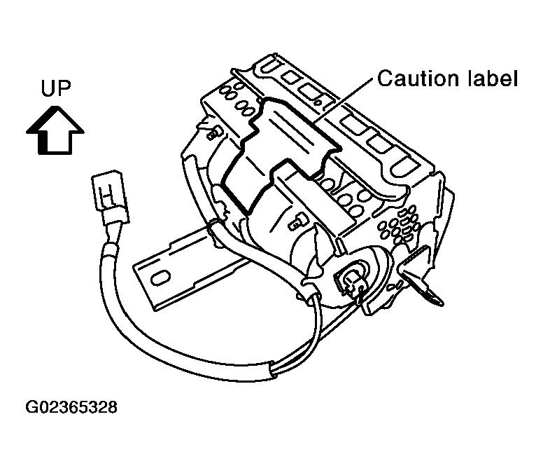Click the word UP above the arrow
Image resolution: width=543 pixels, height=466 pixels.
click(x=56, y=88)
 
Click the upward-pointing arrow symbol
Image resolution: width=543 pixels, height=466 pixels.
click(x=55, y=130)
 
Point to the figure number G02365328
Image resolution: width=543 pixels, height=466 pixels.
click(x=71, y=407)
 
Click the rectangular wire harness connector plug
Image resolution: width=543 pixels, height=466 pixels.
click(x=109, y=198)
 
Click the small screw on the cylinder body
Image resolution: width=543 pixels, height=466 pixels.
click(x=295, y=222)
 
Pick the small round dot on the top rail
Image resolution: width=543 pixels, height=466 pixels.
click(x=317, y=102)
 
